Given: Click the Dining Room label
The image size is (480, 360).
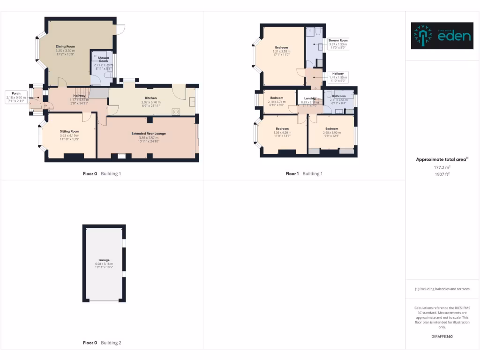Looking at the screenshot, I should pyautogui.click(x=65, y=46).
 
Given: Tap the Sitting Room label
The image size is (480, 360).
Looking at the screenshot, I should pyautogui.click(x=69, y=131).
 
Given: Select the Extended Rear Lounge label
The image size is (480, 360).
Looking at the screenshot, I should pyautogui.click(x=149, y=134).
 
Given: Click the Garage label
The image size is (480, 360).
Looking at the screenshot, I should pyautogui.click(x=104, y=260).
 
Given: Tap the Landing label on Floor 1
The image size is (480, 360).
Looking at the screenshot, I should pyautogui.click(x=309, y=98).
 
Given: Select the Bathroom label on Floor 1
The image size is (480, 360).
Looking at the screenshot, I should pyautogui.click(x=338, y=96).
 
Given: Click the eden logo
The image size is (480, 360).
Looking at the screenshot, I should pyautogui.click(x=442, y=36).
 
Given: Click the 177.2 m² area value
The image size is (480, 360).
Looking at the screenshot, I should pyautogui.click(x=442, y=167).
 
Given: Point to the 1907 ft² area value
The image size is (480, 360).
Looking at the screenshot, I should pyautogui.click(x=442, y=174).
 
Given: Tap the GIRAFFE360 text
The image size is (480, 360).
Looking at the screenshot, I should pyautogui.click(x=442, y=337).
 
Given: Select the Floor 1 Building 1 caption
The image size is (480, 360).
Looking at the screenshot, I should pyautogui.click(x=304, y=174).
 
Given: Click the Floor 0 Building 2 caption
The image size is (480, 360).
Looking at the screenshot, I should pyautogui.click(x=102, y=343).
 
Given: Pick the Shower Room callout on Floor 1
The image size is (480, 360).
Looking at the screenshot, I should pyautogui.click(x=338, y=40).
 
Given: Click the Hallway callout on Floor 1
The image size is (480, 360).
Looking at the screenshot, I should pyautogui.click(x=338, y=74).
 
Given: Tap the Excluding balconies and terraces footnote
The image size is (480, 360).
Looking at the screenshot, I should pyautogui.click(x=442, y=289).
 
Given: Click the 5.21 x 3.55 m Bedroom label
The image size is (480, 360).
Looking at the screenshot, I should pyautogui.click(x=282, y=48).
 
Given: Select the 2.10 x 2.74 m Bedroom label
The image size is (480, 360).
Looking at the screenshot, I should pyautogui.click(x=277, y=98).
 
